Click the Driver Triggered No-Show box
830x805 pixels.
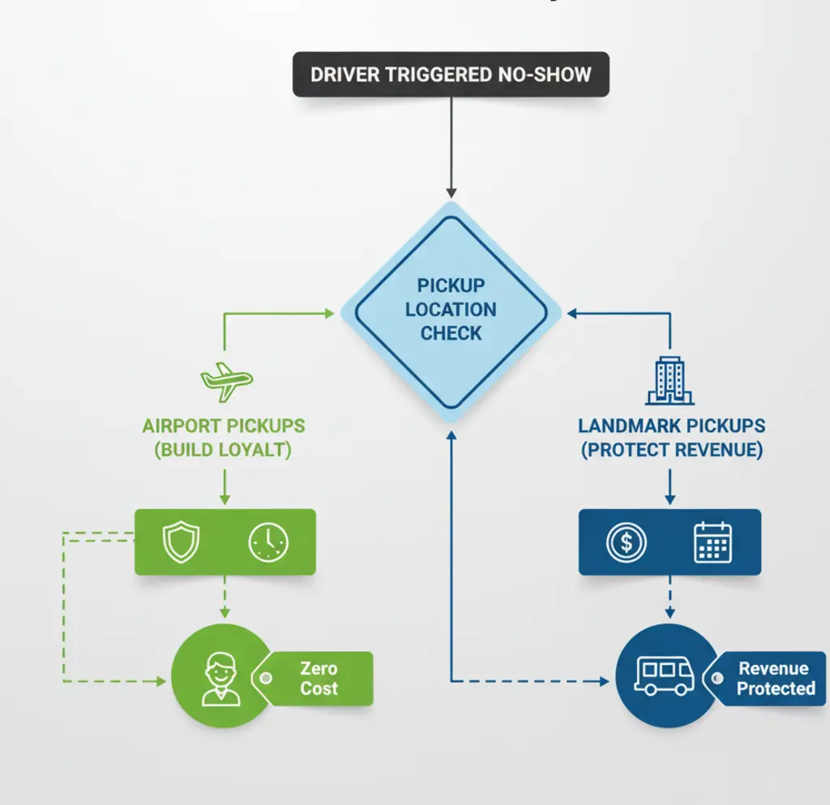pos(451,75)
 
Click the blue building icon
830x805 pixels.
pos(670,381)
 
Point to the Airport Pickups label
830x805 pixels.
pos(224,426)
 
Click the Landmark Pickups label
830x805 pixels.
pos(671,426)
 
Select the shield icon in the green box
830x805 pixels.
pos(180,542)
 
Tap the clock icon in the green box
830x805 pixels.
pos(267,542)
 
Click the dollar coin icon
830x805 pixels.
pos(626,542)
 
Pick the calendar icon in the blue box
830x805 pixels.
pos(713,542)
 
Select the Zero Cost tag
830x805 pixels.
pos(319,679)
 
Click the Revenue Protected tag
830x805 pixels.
pos(772,679)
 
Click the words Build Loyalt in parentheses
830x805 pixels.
pos(224,450)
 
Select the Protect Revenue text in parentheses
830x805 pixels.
pos(671,450)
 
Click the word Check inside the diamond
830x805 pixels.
pos(451,333)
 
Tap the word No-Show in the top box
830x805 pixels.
pos(541,75)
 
